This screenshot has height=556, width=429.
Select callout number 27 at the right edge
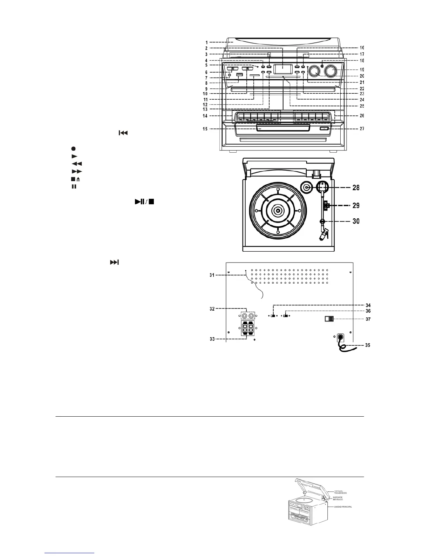pyautogui.click(x=362, y=129)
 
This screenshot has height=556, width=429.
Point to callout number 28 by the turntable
pyautogui.click(x=356, y=188)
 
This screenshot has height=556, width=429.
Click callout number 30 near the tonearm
pyautogui.click(x=356, y=221)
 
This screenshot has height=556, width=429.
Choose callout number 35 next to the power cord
pyautogui.click(x=367, y=345)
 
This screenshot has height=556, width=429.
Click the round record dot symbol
pyautogui.click(x=74, y=149)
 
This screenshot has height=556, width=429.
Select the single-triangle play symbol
pyautogui.click(x=74, y=156)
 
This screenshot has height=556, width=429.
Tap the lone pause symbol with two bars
pyautogui.click(x=74, y=186)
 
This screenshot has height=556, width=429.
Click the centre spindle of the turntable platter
pyautogui.click(x=278, y=211)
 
